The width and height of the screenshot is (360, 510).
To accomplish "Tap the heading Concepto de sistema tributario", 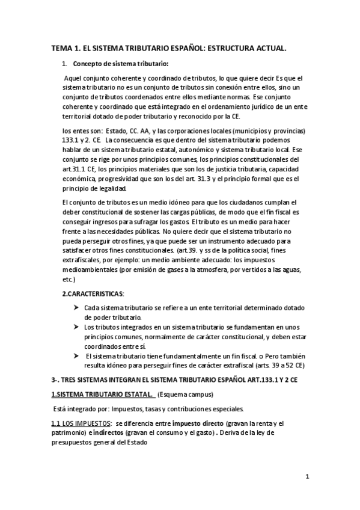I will click(121, 63).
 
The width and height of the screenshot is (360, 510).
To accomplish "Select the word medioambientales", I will click(90, 270).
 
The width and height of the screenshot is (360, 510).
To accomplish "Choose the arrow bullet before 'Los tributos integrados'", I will click(76, 327).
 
